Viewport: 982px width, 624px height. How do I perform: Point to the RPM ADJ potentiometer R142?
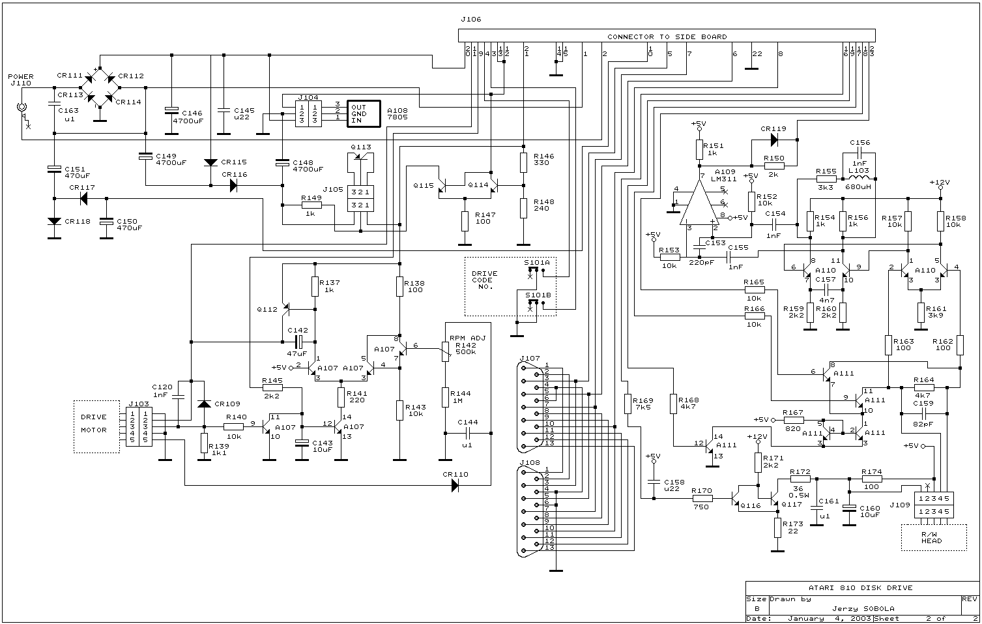pos(446,353)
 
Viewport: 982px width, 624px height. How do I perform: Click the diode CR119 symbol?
pos(775,139)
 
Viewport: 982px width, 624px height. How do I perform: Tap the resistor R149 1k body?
pos(312,205)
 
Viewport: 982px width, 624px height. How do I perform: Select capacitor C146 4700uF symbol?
pos(171,110)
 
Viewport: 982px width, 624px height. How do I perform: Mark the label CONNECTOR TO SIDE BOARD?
pos(667,37)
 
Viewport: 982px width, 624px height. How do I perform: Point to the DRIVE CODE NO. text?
pos(484,280)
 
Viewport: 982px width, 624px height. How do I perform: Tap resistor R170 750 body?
pos(701,499)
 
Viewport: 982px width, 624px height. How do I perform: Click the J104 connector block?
pos(307,112)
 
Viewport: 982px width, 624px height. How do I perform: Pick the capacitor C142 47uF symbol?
pos(299,342)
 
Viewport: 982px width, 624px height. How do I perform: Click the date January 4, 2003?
pos(824,618)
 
